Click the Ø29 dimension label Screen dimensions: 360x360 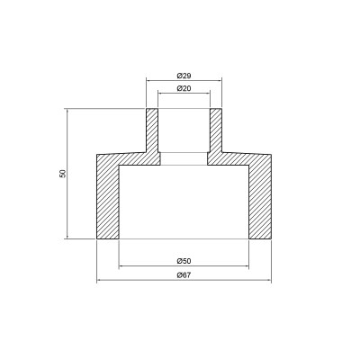[184, 74]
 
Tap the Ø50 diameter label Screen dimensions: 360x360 [184, 260]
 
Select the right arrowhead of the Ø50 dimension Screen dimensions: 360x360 [247, 265]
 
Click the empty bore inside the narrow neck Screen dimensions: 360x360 [184, 130]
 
